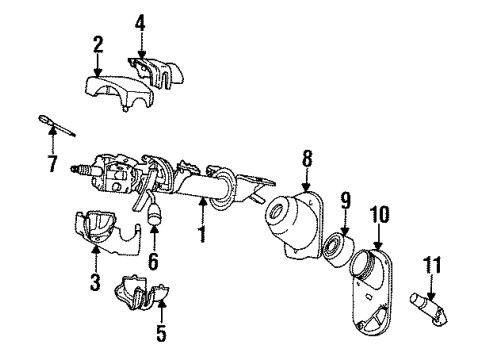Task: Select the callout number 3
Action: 94,284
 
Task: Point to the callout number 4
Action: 140,20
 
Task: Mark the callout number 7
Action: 51,162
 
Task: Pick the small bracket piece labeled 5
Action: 140,293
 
